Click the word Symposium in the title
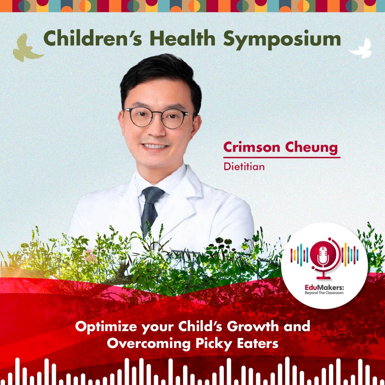(282, 40)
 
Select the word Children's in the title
(93, 38)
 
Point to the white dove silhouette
(361, 49)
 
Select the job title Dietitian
(244, 167)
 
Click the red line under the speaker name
(282, 158)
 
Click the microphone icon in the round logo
(322, 260)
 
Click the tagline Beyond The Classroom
(324, 293)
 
